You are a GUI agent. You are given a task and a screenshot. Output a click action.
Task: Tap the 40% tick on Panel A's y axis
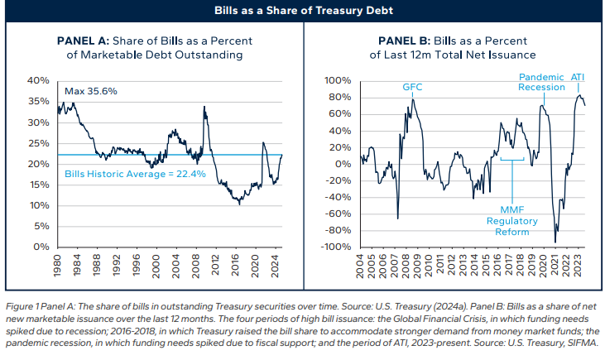39,80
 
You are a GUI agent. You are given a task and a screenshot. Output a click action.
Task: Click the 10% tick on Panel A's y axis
39,205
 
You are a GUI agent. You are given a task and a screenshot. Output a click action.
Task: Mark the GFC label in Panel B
412,87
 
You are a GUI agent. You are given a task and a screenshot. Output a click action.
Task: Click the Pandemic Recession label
541,81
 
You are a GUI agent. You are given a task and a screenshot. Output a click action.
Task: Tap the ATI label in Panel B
579,76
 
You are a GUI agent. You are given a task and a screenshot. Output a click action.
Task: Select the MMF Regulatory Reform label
513,222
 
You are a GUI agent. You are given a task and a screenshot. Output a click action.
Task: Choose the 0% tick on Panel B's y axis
345,164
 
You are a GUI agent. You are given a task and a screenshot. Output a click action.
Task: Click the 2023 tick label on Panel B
581,265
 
